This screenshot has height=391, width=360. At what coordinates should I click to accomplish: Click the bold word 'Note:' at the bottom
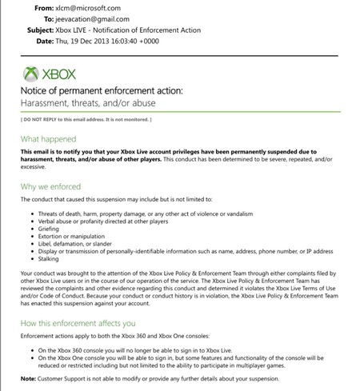(27, 379)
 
